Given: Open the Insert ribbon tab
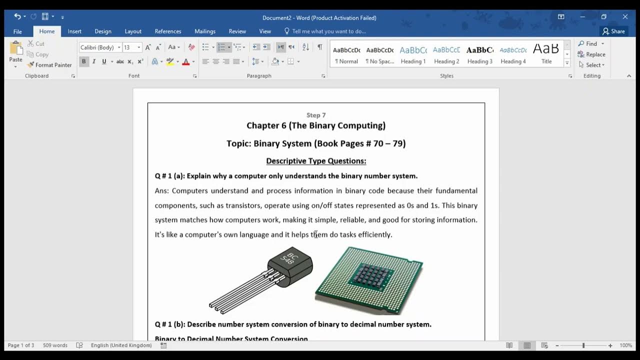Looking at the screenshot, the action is pyautogui.click(x=74, y=31).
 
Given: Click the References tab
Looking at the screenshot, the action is pyautogui.click(x=167, y=31).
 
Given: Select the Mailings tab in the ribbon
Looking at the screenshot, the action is pyautogui.click(x=205, y=31).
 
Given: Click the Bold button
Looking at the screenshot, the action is pyautogui.click(x=83, y=61).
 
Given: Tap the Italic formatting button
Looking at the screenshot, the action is pyautogui.click(x=93, y=61).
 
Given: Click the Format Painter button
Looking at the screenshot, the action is pyautogui.click(x=49, y=65).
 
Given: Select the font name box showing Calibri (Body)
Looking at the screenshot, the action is pyautogui.click(x=98, y=47).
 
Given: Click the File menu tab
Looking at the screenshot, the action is pyautogui.click(x=17, y=31).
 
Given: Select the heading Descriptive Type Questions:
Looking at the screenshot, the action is pyautogui.click(x=316, y=161).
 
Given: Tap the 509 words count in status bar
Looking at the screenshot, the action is pyautogui.click(x=55, y=345).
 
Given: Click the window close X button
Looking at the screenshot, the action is pyautogui.click(x=625, y=17).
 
